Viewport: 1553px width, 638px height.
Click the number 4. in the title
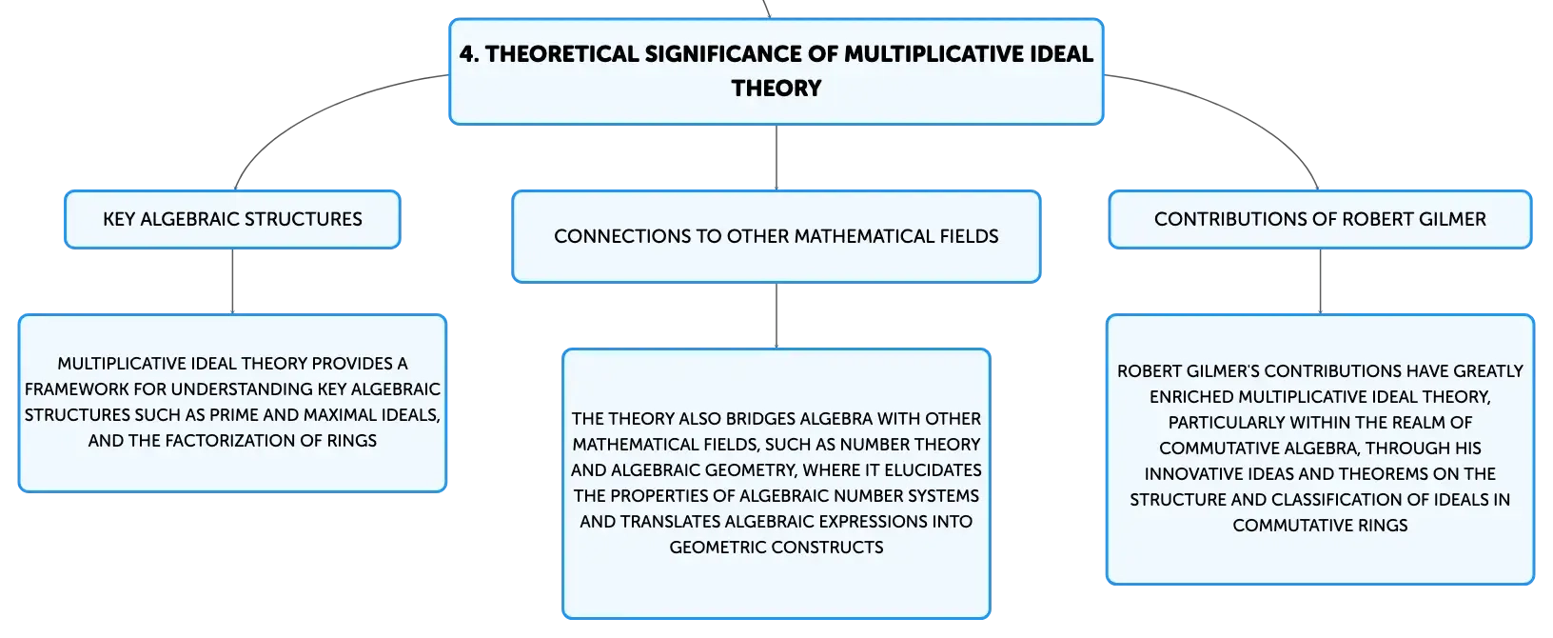point(469,54)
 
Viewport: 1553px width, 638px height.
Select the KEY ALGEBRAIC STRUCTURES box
point(232,219)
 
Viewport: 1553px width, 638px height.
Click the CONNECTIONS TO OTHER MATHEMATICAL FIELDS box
point(776,236)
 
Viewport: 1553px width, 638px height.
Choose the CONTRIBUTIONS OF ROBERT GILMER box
point(1320,219)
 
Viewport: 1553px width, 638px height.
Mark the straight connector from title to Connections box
point(776,157)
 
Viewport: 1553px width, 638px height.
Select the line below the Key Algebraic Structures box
point(232,281)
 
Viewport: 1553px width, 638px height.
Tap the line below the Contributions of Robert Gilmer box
point(1320,281)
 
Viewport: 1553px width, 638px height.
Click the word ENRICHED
point(1191,397)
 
